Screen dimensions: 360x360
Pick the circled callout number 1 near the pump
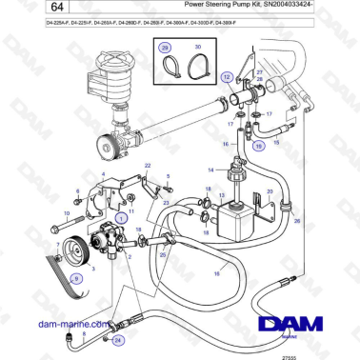click(x=120, y=218)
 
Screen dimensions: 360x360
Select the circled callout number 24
click(x=118, y=339)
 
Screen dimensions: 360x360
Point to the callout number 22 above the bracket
click(x=149, y=166)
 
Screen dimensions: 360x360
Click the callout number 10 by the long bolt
click(x=54, y=213)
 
